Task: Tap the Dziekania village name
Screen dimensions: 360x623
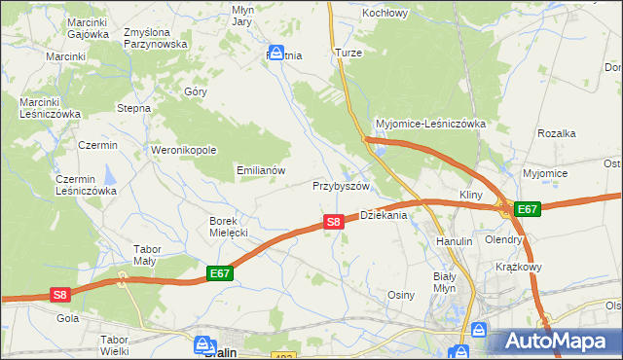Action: [384, 215]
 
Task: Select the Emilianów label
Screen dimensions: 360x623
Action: [261, 169]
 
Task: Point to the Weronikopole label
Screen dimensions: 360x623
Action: [182, 150]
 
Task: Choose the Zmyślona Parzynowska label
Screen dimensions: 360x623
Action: [155, 38]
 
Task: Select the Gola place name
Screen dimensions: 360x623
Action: [68, 318]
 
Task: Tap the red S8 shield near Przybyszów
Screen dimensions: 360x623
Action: [333, 222]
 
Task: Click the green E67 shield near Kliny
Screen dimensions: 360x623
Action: [527, 209]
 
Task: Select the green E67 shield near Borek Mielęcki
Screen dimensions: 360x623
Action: [219, 275]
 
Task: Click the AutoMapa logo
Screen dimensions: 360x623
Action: [557, 341]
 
